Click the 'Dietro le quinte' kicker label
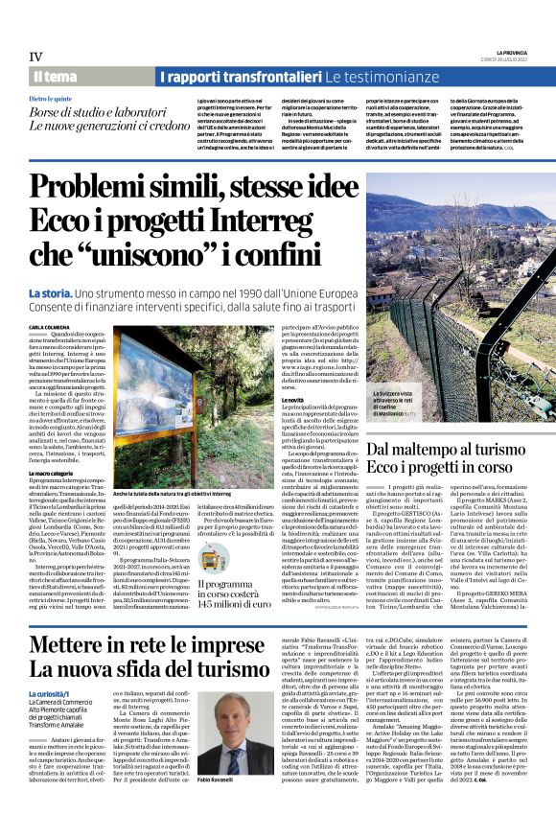tap(49, 99)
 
